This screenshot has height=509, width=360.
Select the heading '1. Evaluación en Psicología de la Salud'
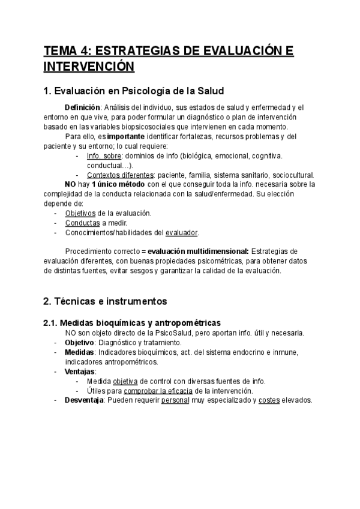(134, 91)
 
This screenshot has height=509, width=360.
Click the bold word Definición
(82, 107)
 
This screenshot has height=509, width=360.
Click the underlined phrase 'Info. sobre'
(103, 156)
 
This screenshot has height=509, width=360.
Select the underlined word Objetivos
(80, 213)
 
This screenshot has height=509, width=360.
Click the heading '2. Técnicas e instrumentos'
(105, 301)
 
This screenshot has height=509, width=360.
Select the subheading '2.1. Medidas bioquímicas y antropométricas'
(131, 323)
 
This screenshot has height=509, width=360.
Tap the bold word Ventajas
(80, 372)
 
